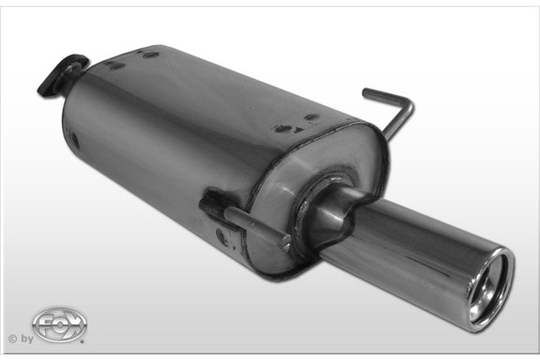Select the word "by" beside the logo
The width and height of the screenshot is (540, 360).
(25, 337)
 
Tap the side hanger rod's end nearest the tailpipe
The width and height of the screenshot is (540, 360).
(284, 242)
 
